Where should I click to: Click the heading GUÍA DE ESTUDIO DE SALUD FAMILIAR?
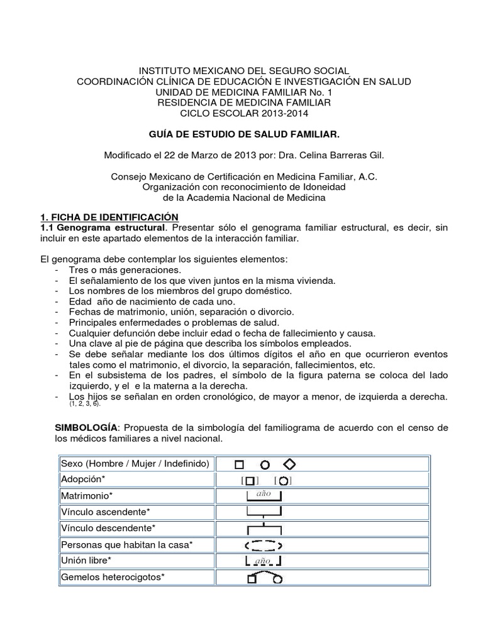(242, 134)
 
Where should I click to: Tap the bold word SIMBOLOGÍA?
(86, 428)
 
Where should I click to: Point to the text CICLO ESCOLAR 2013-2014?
(242, 112)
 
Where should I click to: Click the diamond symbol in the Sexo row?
(290, 464)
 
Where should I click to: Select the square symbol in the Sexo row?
(239, 465)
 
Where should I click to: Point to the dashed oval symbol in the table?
(263, 544)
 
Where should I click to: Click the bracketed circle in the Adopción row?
(284, 481)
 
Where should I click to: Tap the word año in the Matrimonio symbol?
(262, 494)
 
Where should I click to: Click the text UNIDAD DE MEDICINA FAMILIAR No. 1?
(242, 92)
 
